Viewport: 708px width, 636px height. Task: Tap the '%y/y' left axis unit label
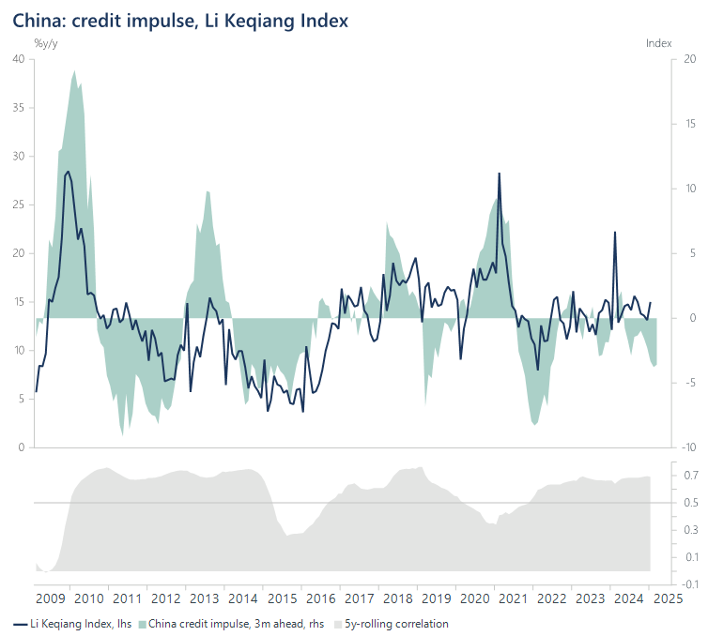tap(46, 43)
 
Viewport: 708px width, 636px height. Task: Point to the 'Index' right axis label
tap(659, 43)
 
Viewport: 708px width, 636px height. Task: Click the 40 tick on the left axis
tap(18, 59)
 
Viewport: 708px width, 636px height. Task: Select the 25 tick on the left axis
tap(18, 204)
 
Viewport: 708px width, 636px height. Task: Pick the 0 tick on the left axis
tap(21, 447)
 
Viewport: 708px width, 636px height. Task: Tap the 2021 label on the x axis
tap(511, 598)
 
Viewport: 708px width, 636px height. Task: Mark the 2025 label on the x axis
tap(665, 598)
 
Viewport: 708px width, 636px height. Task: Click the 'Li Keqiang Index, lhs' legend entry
tap(73, 623)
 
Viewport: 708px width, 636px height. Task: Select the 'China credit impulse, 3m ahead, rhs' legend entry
tap(236, 623)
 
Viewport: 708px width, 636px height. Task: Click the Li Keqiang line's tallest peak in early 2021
tap(499, 174)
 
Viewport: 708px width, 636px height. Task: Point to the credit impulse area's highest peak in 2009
tap(74, 71)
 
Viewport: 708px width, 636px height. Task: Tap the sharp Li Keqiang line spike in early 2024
tap(615, 232)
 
